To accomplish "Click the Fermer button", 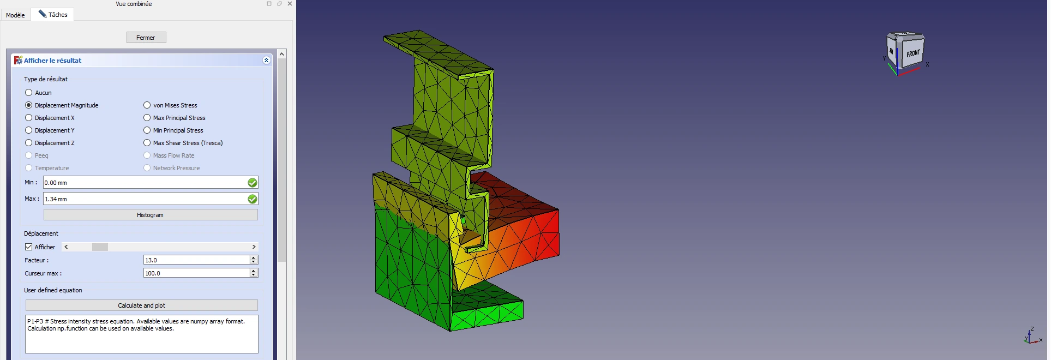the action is pos(146,38).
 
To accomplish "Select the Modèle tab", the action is pos(15,15).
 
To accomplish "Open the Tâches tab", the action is pos(52,15).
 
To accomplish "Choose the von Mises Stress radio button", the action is pos(147,105).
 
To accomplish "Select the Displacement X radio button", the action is pos(28,118).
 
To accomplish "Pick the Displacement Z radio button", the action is pos(28,143).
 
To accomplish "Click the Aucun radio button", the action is pos(28,93).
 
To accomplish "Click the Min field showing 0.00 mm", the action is pos(145,183).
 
